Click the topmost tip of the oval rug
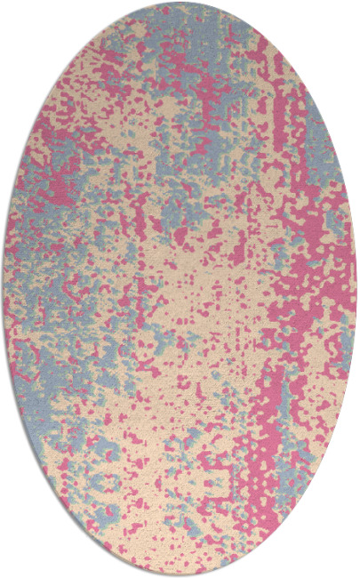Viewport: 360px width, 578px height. click(x=180, y=3)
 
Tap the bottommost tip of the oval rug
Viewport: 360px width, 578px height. click(x=180, y=575)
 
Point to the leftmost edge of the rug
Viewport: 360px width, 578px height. click(x=4, y=289)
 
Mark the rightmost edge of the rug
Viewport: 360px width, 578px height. click(x=356, y=289)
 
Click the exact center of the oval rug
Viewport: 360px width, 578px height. click(x=180, y=289)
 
